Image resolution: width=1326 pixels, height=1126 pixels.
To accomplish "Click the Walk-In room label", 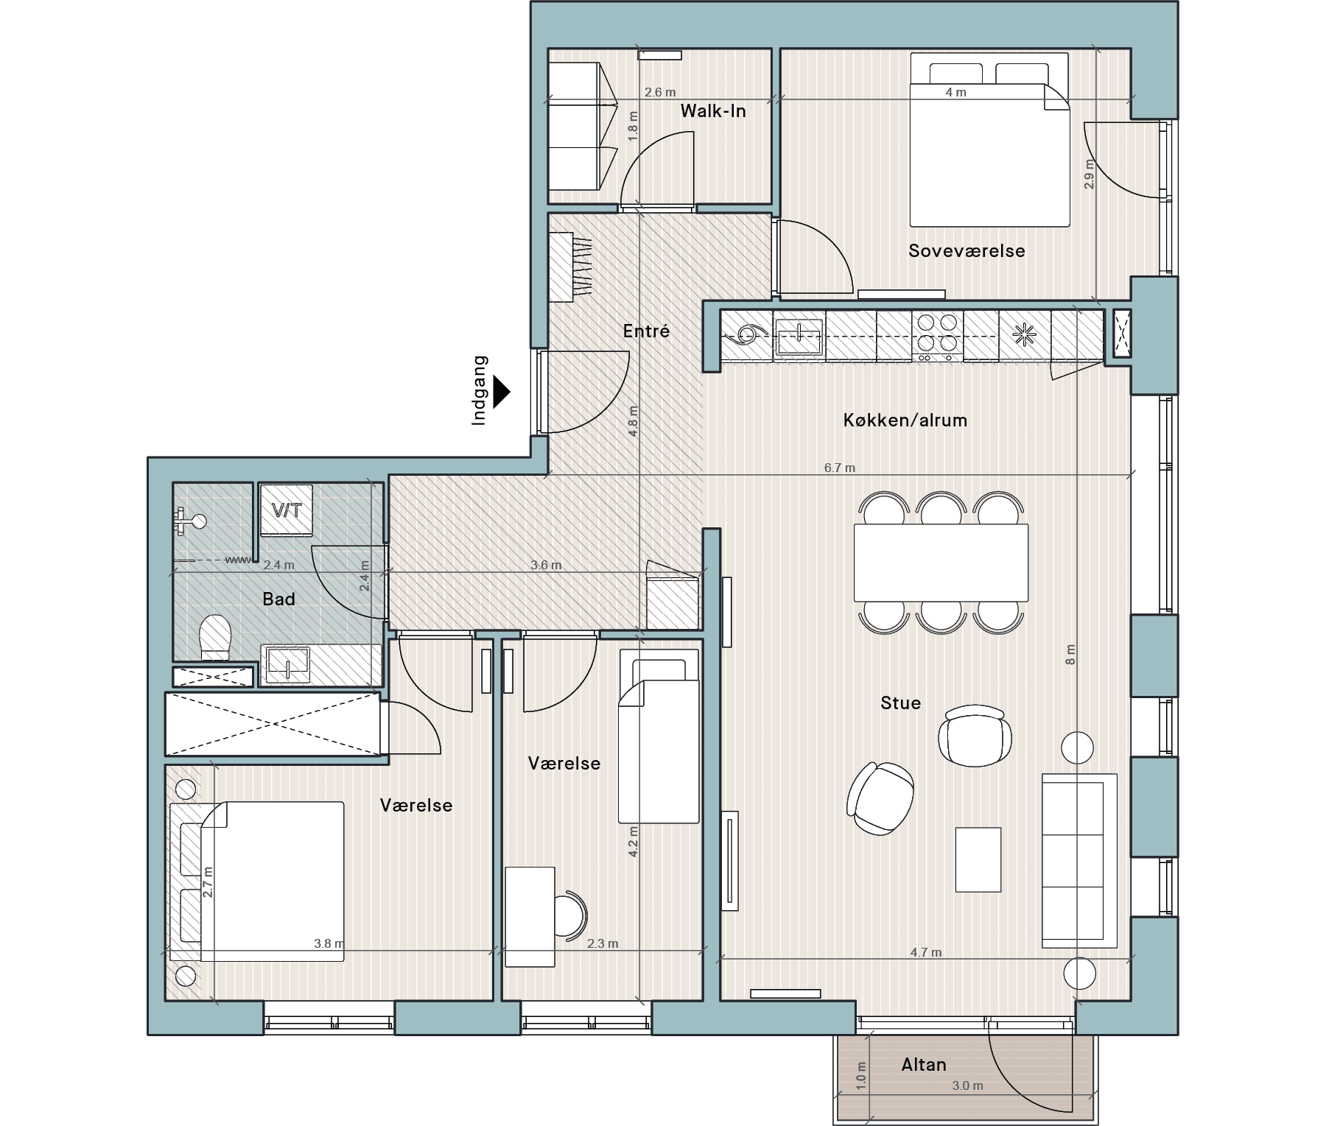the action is click(x=713, y=111).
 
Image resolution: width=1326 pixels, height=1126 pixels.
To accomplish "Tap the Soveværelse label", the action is click(x=967, y=251).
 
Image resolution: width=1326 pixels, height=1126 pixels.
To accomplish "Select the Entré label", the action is click(x=646, y=331).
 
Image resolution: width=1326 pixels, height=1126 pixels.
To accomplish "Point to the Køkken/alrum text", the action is click(x=905, y=421).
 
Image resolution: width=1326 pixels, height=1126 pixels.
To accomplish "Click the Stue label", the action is click(x=900, y=703).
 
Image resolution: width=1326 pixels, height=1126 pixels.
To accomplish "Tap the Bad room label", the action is click(x=278, y=599).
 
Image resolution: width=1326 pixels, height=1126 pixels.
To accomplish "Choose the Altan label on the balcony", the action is click(x=924, y=1065).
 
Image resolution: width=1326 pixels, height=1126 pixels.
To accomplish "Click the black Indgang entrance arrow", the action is click(x=502, y=393).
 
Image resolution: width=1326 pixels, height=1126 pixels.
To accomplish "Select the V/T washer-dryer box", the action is click(x=287, y=510).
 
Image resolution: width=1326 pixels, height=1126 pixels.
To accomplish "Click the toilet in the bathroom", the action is click(x=215, y=638).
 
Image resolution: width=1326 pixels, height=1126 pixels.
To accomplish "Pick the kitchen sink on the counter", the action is click(x=799, y=337).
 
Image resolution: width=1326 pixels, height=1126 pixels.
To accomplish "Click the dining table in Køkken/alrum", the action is click(x=941, y=563).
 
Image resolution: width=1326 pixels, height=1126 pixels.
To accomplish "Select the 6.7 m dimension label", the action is click(x=840, y=468).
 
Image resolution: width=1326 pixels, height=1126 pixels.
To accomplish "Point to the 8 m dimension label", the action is click(x=1070, y=655).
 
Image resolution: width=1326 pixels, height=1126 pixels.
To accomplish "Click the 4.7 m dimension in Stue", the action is click(x=926, y=952).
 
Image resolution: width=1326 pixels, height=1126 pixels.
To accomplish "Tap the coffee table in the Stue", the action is click(x=978, y=859).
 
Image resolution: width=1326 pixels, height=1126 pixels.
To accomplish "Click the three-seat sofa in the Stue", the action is click(x=1079, y=861).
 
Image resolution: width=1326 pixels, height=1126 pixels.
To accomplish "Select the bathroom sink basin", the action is click(x=287, y=664).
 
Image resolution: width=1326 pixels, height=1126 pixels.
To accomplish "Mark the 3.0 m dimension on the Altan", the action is click(x=967, y=1085).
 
